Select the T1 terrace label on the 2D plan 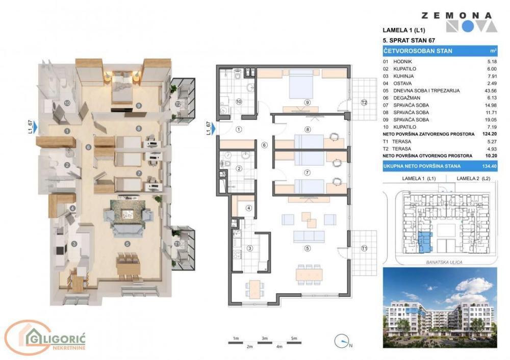364,248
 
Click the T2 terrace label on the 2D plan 364,102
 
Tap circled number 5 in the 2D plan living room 307,248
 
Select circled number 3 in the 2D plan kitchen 250,248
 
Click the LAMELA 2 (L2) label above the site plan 473,178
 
